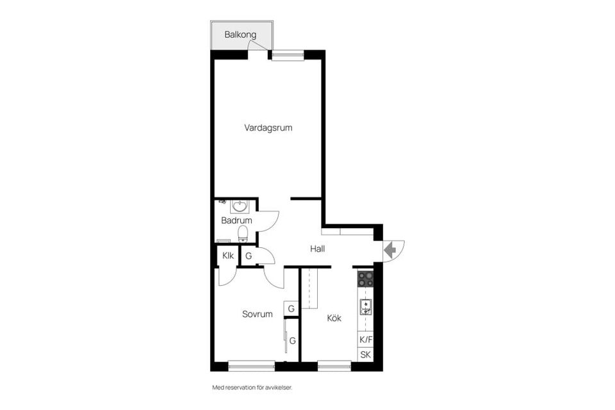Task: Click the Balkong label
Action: pyautogui.click(x=240, y=34)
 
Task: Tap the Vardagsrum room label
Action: pyautogui.click(x=268, y=127)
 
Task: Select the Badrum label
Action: pyautogui.click(x=236, y=220)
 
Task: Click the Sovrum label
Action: pyautogui.click(x=257, y=314)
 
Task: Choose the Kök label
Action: pyautogui.click(x=334, y=318)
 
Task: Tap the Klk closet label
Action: pyautogui.click(x=227, y=256)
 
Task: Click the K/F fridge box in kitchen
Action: pyautogui.click(x=365, y=340)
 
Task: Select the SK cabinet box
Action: pyautogui.click(x=365, y=355)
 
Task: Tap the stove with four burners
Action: pyautogui.click(x=365, y=279)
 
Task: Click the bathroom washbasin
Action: pyautogui.click(x=240, y=206)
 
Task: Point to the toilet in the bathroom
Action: pyautogui.click(x=243, y=233)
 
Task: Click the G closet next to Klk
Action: pyautogui.click(x=248, y=256)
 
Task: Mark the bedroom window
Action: pyautogui.click(x=251, y=366)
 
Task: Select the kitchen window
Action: pyautogui.click(x=334, y=366)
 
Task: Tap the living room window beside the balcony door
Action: pyautogui.click(x=287, y=55)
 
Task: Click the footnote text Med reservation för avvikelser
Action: pyautogui.click(x=256, y=388)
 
